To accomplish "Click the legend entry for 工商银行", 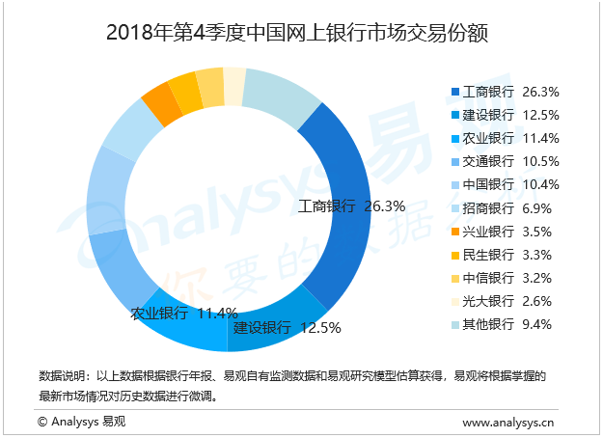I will tap(505, 92).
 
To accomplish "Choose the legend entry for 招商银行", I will tap(505, 207).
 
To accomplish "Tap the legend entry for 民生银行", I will tap(505, 254).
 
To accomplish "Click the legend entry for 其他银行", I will tap(505, 324).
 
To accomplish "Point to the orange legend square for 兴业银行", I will tap(453, 232).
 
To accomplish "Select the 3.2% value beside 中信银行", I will tap(537, 278).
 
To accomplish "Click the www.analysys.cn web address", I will tap(507, 422).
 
